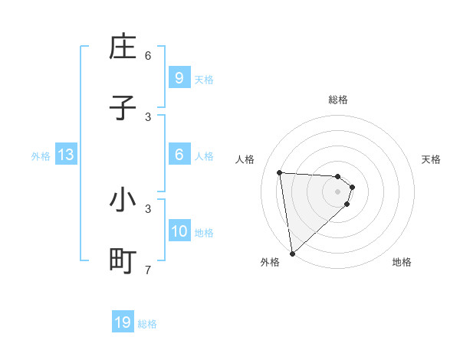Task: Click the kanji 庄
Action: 123,47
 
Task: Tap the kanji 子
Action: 123,108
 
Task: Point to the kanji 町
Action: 123,260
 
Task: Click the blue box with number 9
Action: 179,78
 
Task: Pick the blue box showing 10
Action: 179,232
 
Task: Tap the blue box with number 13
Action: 66,155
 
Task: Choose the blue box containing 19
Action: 123,322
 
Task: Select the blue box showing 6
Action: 179,155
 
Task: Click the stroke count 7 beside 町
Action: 148,270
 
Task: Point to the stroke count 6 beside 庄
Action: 148,56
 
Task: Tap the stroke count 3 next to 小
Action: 148,208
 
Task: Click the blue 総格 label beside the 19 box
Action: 147,324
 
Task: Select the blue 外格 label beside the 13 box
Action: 41,156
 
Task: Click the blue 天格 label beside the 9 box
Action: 204,80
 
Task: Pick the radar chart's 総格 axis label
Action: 337,100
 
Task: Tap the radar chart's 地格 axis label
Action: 402,263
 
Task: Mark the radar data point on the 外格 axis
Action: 292,253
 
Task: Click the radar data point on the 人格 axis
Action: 280,172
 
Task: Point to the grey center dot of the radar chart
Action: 337,191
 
